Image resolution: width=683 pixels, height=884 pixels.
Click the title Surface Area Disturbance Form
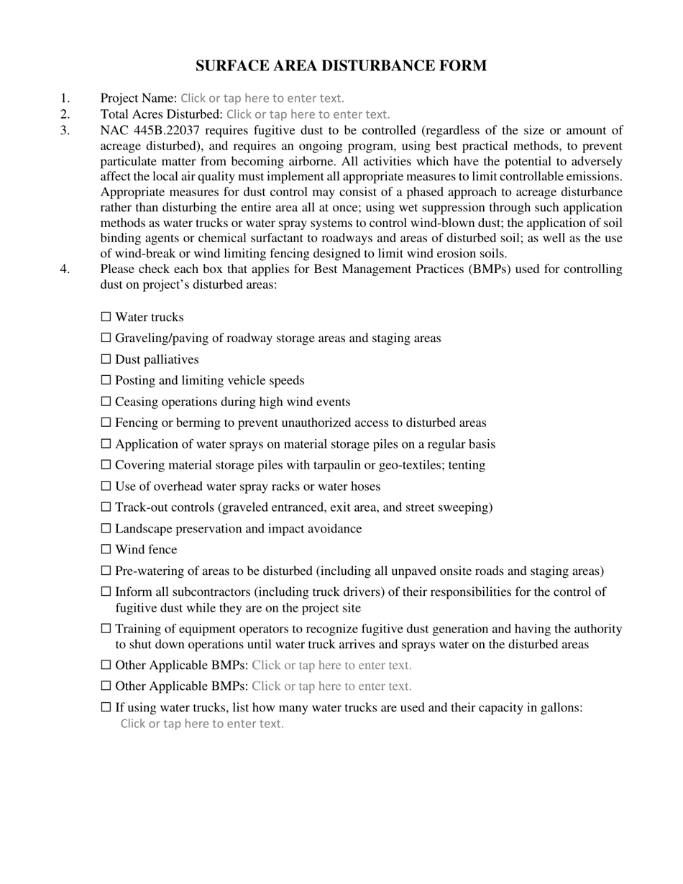(341, 66)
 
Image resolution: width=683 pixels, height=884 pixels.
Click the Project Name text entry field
(262, 98)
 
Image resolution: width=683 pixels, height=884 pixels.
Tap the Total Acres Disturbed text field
(308, 114)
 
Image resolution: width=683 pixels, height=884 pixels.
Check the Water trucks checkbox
(106, 316)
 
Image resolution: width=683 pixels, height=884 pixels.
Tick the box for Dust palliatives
(106, 359)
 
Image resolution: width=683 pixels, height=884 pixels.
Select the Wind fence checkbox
(106, 549)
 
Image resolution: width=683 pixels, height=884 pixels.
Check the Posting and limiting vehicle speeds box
(106, 379)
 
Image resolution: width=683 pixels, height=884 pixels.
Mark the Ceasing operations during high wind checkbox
(106, 401)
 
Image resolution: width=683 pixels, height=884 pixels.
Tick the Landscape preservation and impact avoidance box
(106, 528)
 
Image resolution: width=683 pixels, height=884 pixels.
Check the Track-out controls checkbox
(106, 507)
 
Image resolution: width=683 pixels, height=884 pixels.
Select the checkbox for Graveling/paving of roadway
(106, 337)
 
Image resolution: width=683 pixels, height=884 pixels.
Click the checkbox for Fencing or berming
(106, 422)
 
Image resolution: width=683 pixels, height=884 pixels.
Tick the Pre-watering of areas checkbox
(106, 571)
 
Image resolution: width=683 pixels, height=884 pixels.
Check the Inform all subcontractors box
(106, 591)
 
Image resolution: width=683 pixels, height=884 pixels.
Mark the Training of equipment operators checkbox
(106, 629)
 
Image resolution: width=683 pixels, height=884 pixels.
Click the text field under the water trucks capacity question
(202, 724)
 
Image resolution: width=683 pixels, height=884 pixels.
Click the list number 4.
(65, 269)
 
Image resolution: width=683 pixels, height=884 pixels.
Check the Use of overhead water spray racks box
(106, 486)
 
